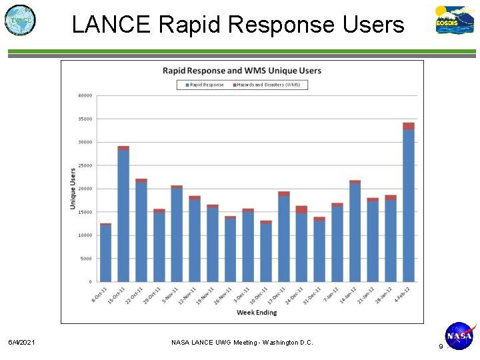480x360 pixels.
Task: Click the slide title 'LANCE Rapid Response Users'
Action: [237, 25]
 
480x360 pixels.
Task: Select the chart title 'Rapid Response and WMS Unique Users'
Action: [242, 71]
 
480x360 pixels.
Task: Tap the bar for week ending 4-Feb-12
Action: [408, 203]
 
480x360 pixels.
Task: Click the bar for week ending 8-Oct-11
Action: [105, 253]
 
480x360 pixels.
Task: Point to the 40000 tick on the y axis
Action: [85, 95]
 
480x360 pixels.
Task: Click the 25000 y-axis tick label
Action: [85, 165]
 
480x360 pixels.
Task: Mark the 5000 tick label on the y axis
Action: [86, 259]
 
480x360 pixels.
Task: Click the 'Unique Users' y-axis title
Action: [73, 189]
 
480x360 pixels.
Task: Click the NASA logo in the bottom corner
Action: [459, 336]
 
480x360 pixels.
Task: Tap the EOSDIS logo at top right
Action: [455, 19]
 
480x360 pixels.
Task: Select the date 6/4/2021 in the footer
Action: [22, 342]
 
